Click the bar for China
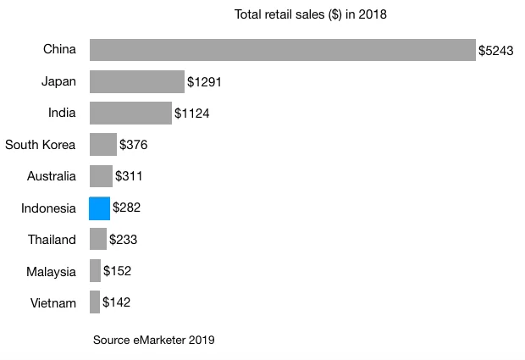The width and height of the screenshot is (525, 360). (x=282, y=50)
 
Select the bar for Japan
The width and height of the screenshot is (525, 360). (x=136, y=82)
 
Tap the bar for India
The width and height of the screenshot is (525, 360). (x=130, y=114)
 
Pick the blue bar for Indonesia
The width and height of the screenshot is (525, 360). (x=100, y=208)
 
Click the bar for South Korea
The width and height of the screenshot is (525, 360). (x=102, y=145)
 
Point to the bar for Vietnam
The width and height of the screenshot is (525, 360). (x=95, y=302)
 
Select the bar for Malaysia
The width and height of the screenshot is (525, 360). (x=95, y=271)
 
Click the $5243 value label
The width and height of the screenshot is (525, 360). (x=495, y=51)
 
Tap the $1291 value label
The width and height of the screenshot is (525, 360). (x=204, y=82)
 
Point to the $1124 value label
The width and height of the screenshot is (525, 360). (x=191, y=114)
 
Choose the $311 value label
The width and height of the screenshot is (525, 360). (x=129, y=177)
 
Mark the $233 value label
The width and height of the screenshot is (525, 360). (x=123, y=240)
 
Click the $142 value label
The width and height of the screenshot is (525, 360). (x=116, y=302)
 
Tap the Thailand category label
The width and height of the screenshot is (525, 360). (x=52, y=240)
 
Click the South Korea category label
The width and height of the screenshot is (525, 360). (x=41, y=145)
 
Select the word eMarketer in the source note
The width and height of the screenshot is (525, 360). (x=158, y=341)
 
